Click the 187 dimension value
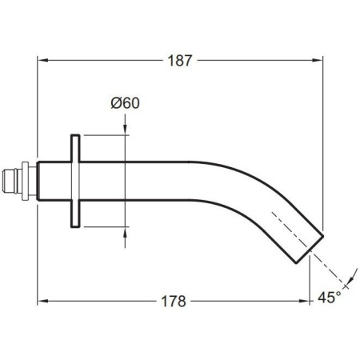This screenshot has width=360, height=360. click(x=180, y=61)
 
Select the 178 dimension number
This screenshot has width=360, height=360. click(x=174, y=302)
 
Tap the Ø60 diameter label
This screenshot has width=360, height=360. click(x=125, y=103)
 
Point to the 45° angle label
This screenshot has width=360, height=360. click(x=330, y=297)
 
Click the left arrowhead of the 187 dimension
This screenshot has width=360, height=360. click(x=42, y=61)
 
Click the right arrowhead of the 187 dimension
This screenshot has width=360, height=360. click(x=318, y=61)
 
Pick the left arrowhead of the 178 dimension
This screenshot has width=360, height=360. click(x=42, y=301)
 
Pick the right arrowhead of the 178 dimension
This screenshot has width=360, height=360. click(x=304, y=301)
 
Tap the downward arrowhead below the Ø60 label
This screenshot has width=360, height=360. click(x=125, y=130)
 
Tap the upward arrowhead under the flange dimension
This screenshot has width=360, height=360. click(x=125, y=233)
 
